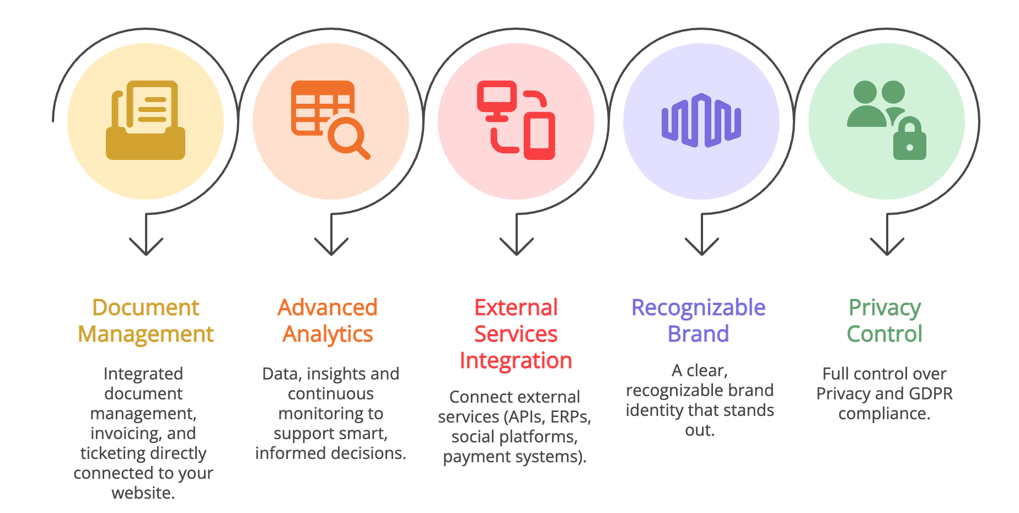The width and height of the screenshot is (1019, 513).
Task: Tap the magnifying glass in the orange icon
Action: click(347, 136)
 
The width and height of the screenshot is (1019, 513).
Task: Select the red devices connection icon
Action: click(516, 120)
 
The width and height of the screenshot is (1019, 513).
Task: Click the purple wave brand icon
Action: click(701, 120)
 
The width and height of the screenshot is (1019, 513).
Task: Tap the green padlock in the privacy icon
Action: click(909, 141)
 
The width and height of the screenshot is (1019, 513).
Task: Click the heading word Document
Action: click(146, 307)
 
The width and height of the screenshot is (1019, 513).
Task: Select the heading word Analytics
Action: click(328, 334)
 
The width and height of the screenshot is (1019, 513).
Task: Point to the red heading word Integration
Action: click(516, 360)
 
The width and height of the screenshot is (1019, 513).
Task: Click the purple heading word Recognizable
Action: click(699, 307)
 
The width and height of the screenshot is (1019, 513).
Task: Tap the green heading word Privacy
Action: click(884, 307)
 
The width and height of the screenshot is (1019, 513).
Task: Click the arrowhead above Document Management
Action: click(146, 247)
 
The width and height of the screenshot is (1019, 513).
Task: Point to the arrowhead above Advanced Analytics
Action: click(331, 247)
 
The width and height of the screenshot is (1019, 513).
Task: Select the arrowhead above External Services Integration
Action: click(516, 247)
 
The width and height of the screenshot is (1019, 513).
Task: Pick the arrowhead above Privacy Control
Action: click(887, 247)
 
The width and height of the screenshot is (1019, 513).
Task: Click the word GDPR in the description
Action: click(930, 393)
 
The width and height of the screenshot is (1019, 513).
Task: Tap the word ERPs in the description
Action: click(570, 417)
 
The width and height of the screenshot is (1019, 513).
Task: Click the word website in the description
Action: click(143, 493)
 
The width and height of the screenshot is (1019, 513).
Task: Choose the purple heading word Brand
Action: click(699, 334)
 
